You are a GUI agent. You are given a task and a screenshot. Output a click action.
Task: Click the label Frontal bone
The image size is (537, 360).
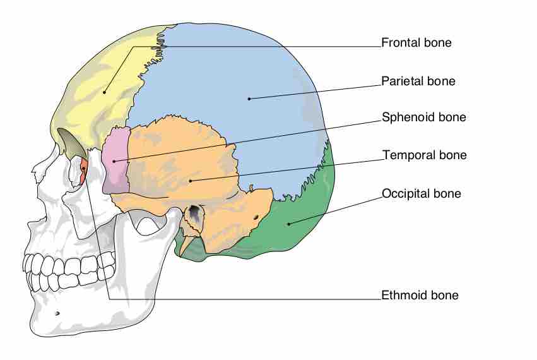point(416,43)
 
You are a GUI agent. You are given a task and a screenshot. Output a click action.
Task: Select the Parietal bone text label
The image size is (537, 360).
point(418,81)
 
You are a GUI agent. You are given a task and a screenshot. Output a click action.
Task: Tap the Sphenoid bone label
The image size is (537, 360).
point(423,117)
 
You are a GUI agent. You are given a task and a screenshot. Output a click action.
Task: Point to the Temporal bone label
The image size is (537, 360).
point(424,155)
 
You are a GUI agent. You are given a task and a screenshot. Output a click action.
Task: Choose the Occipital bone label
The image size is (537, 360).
point(421,193)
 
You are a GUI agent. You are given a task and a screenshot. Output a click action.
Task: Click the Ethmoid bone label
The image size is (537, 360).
point(420,295)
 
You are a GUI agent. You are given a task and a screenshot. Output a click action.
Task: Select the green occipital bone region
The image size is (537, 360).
point(303,221)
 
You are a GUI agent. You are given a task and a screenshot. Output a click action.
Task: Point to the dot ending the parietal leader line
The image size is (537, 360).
point(249,99)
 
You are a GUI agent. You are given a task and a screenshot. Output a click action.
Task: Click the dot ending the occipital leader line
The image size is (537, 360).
point(288,223)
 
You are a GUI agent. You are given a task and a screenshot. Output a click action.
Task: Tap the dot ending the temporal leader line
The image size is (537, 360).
point(189,181)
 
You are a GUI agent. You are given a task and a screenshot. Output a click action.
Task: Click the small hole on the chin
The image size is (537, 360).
point(57,313)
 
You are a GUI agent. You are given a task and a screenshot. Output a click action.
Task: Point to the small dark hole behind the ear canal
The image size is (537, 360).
point(256,218)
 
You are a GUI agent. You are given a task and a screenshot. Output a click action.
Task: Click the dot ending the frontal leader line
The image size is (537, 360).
point(105,92)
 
